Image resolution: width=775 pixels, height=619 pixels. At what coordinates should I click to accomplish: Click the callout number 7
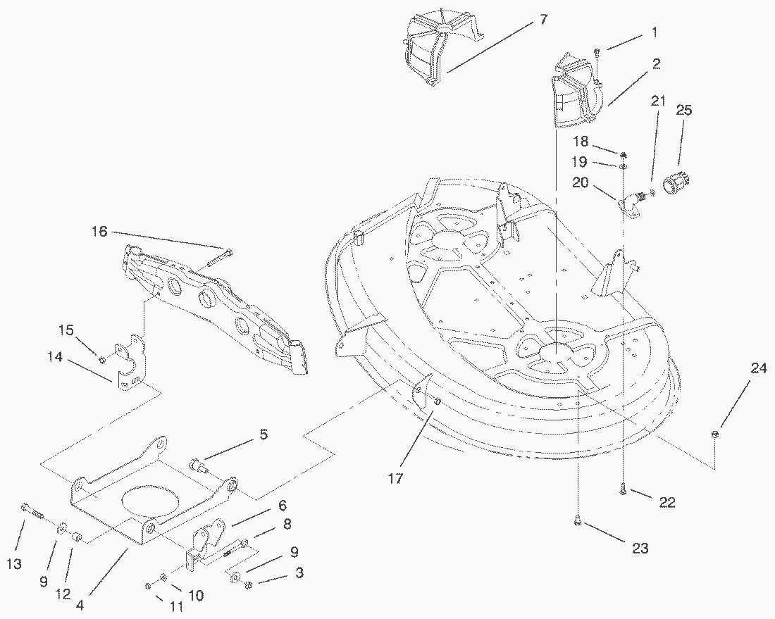click(x=542, y=19)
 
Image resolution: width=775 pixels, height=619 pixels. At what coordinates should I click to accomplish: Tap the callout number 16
click(x=100, y=231)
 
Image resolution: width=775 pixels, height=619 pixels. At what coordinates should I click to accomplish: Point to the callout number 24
click(x=757, y=367)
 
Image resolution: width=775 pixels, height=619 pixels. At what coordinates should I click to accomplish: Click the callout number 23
click(x=640, y=548)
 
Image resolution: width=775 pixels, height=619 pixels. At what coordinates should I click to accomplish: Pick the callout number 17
click(x=396, y=478)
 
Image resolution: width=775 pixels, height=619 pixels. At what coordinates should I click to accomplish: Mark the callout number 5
click(x=263, y=434)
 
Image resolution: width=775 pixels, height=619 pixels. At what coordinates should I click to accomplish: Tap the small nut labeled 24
click(x=714, y=434)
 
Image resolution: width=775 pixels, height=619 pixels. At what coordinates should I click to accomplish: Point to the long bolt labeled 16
click(x=217, y=258)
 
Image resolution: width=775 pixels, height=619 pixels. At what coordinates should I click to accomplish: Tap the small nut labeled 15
click(x=102, y=360)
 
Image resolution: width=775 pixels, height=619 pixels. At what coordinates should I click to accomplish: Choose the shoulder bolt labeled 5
click(x=198, y=465)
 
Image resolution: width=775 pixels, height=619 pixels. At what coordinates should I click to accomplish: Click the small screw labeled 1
click(x=596, y=51)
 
